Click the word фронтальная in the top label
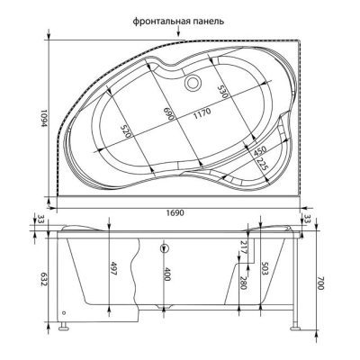click(x=161, y=22)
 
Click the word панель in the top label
click(x=208, y=22)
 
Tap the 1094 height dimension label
click(x=44, y=118)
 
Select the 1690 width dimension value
click(x=175, y=212)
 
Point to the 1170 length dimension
click(x=202, y=112)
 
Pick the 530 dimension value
click(x=223, y=90)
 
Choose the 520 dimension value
click(x=126, y=130)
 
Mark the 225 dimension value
click(x=261, y=164)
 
